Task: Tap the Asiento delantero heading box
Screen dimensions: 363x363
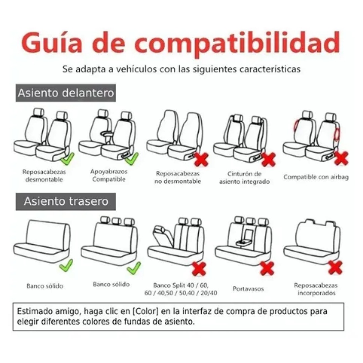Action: tap(66, 93)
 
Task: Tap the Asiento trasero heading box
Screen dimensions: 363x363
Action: tap(66, 201)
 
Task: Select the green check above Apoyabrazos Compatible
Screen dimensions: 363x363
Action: tap(133, 158)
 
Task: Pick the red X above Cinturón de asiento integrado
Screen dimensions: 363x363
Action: tap(269, 159)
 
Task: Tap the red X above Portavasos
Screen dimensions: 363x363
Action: tap(267, 268)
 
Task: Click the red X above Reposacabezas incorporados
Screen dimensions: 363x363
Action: tap(335, 267)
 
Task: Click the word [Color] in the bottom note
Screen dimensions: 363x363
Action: tap(146, 312)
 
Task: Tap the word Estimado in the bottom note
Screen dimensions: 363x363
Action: tap(32, 312)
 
